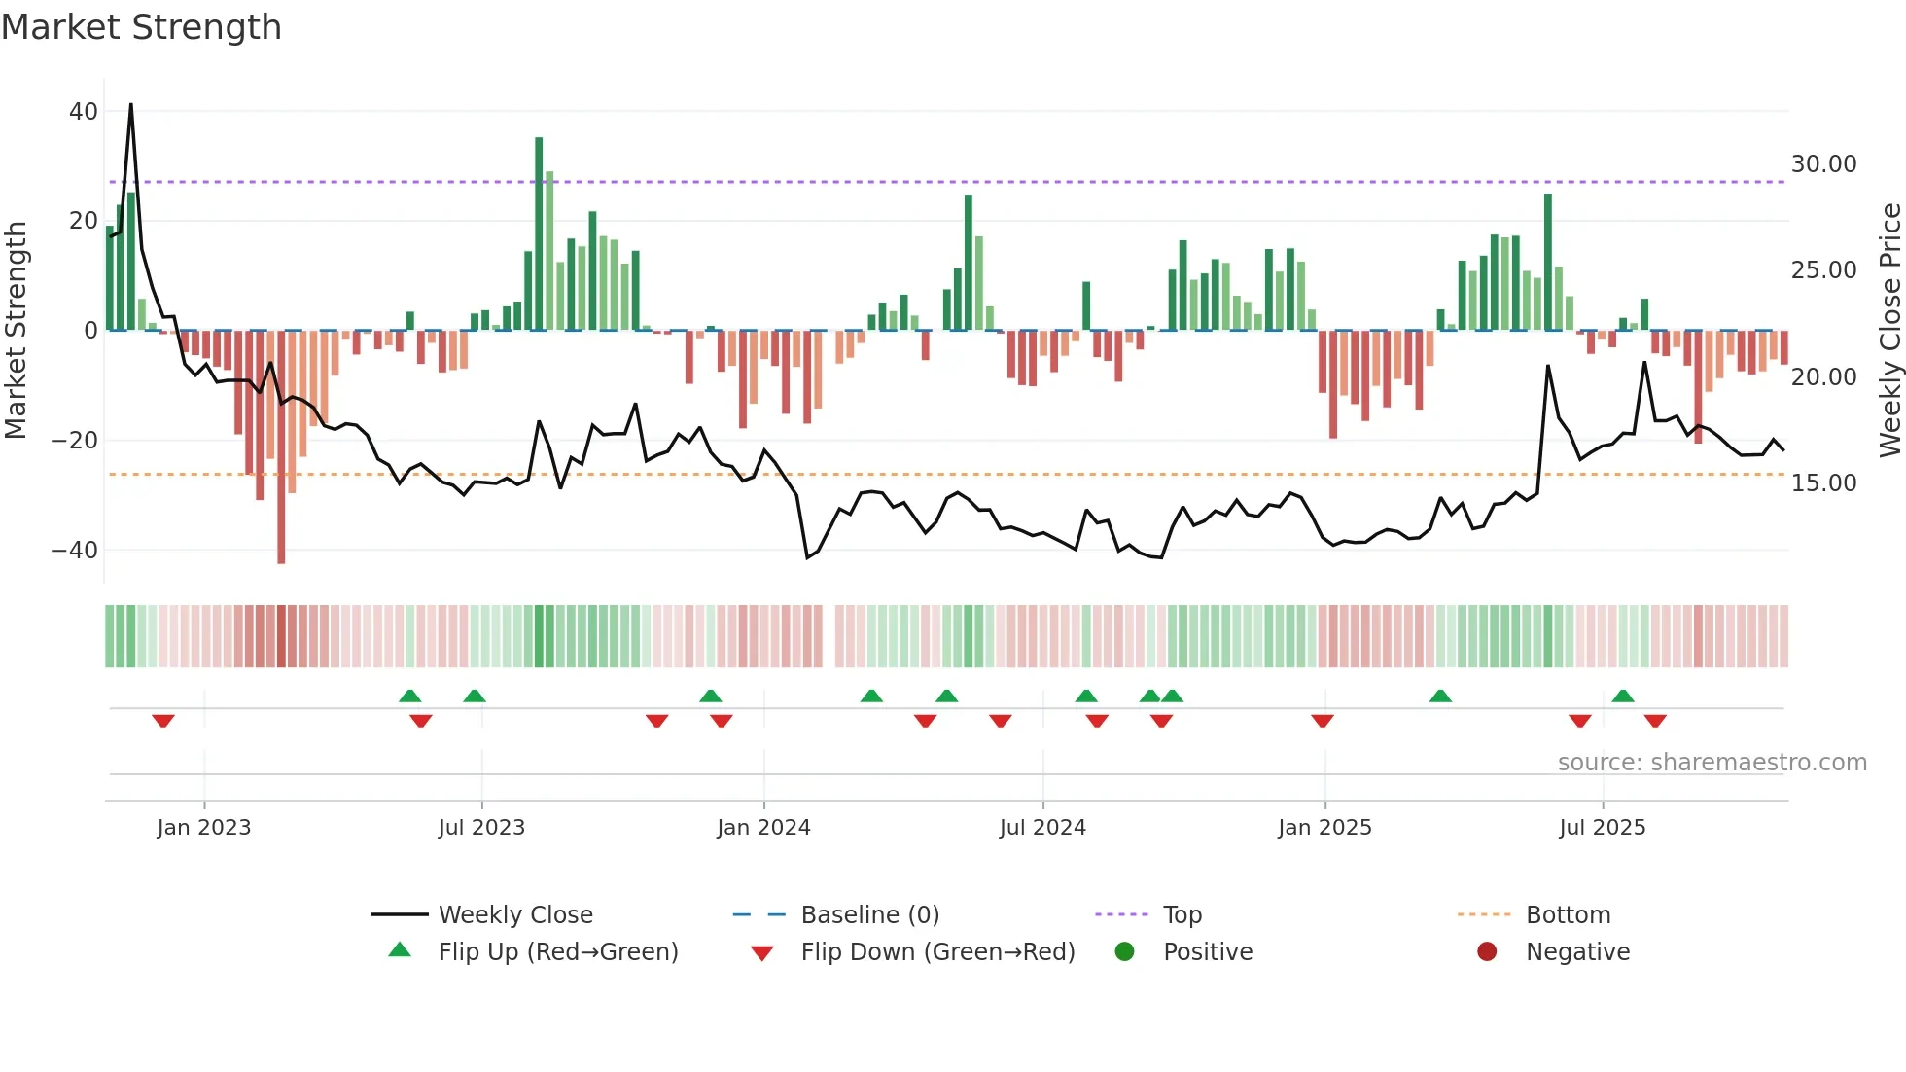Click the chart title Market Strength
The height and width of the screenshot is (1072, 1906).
click(x=142, y=27)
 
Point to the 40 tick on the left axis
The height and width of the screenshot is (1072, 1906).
click(x=84, y=112)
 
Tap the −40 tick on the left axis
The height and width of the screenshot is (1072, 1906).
click(x=76, y=551)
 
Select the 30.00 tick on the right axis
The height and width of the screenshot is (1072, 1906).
click(x=1823, y=164)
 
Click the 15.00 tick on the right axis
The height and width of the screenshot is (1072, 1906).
click(x=1823, y=483)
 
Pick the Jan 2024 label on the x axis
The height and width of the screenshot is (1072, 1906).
click(x=763, y=828)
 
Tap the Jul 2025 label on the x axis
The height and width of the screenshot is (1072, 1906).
click(x=1602, y=828)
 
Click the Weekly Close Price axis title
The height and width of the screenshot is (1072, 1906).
click(x=1889, y=330)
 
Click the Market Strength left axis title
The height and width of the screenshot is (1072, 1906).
click(x=16, y=330)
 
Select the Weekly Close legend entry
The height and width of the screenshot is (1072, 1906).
click(x=514, y=915)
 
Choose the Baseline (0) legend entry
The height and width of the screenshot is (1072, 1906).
click(x=869, y=915)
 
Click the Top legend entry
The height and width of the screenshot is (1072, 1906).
click(x=1182, y=915)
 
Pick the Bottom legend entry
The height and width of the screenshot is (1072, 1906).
click(x=1568, y=915)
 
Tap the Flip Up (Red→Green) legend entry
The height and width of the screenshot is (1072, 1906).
click(x=557, y=952)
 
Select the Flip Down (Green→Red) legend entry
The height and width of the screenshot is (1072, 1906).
click(x=937, y=952)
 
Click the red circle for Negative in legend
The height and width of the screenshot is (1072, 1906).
click(x=1487, y=952)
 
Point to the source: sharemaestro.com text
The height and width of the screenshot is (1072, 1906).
click(x=1712, y=763)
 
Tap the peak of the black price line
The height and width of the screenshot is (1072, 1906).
click(x=131, y=105)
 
